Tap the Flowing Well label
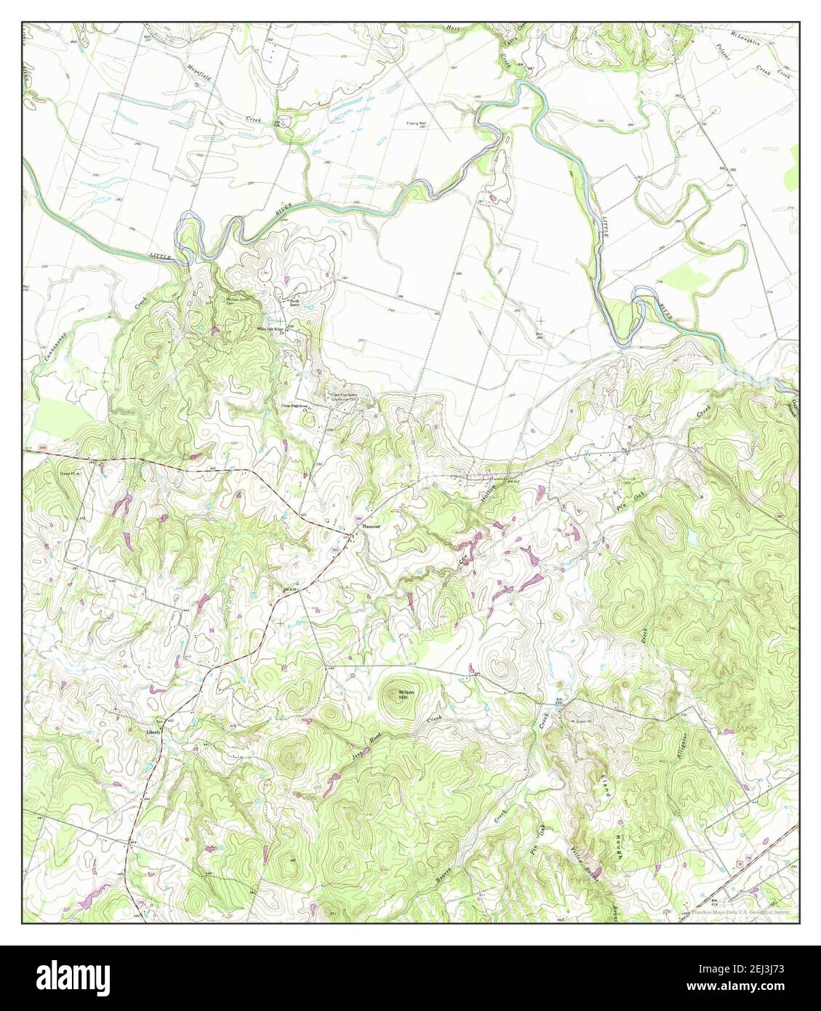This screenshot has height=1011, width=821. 417,124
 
